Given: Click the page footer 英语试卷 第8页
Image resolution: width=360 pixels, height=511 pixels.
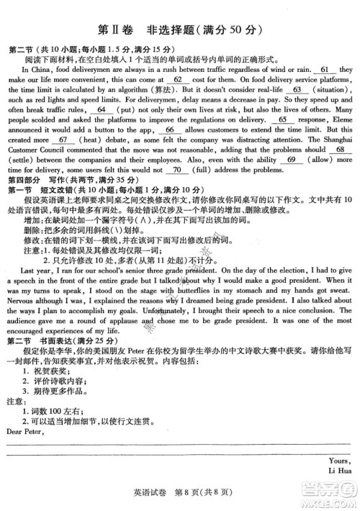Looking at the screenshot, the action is [x=177, y=493].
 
